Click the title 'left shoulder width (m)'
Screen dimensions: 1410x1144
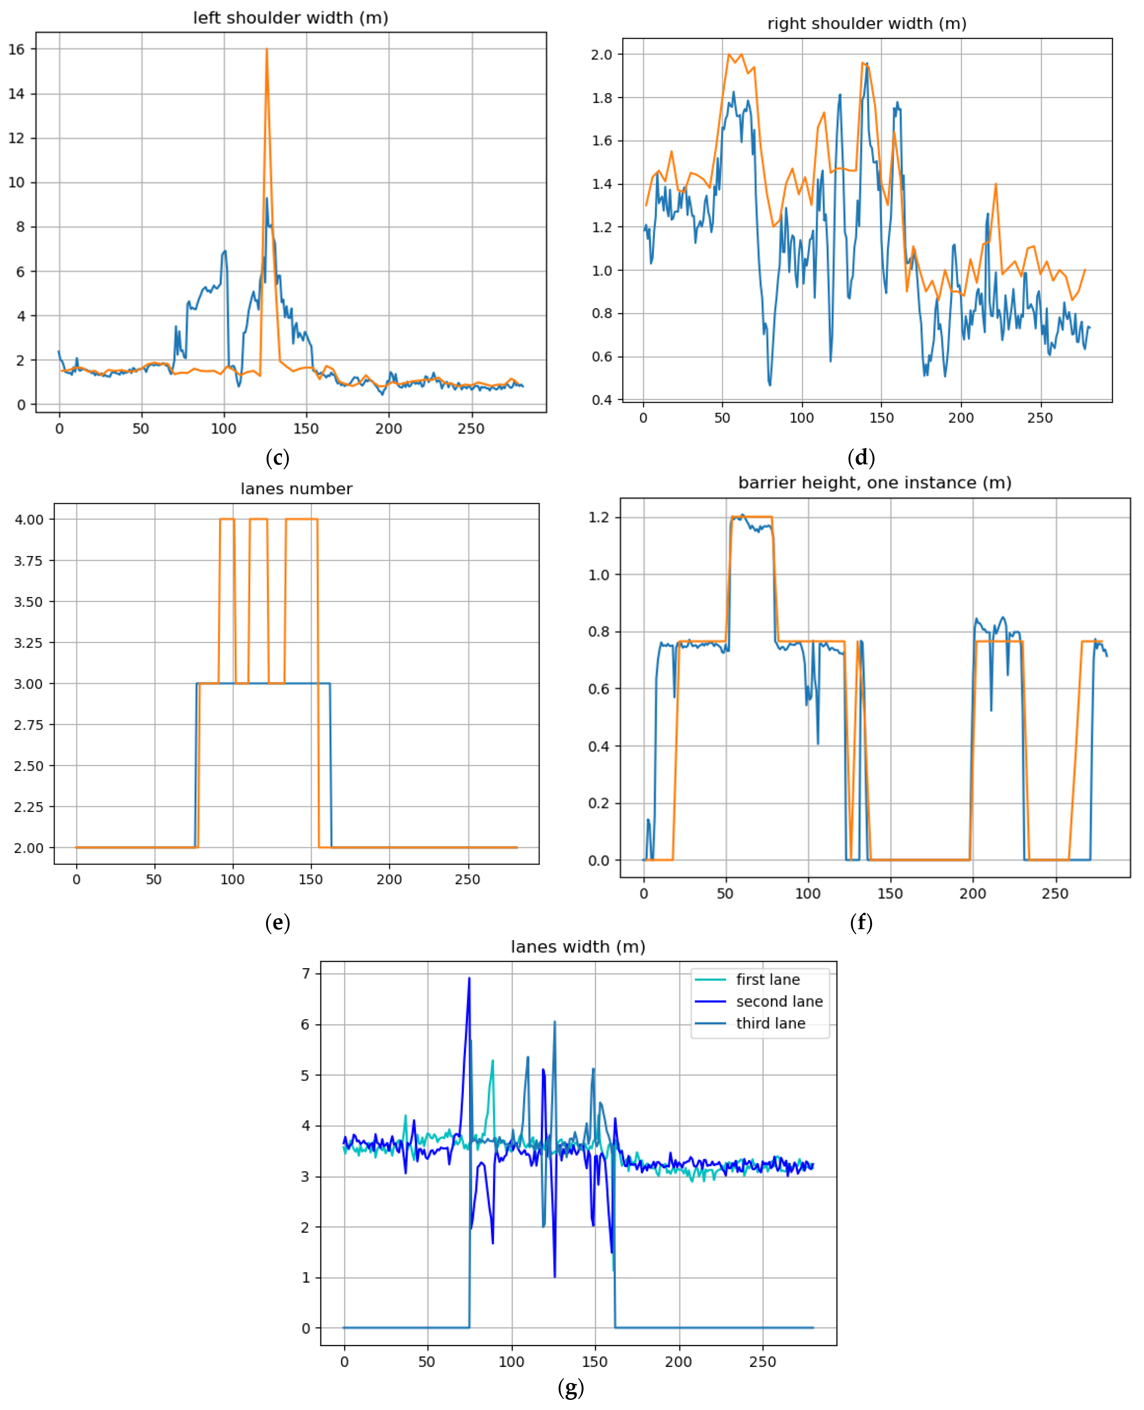click(x=291, y=18)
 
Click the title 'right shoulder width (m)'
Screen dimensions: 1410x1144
click(x=867, y=24)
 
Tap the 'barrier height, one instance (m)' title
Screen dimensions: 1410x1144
click(x=874, y=483)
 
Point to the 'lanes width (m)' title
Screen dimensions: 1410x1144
click(x=578, y=946)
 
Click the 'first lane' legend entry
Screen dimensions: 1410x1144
click(x=768, y=979)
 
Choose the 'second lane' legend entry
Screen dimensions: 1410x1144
click(x=779, y=1001)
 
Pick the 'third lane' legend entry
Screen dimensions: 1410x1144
click(x=770, y=1023)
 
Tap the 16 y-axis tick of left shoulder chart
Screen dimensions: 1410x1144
click(x=17, y=49)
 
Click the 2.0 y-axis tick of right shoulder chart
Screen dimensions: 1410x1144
click(x=601, y=55)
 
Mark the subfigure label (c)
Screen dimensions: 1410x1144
click(x=277, y=458)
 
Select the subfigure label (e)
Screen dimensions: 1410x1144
click(x=277, y=922)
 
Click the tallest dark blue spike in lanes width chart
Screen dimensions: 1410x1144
click(x=469, y=979)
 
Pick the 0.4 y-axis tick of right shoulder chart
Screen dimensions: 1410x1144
click(x=601, y=400)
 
